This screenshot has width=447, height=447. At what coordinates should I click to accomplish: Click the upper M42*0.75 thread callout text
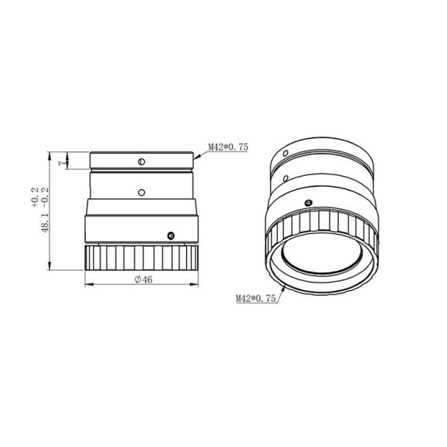[227, 146]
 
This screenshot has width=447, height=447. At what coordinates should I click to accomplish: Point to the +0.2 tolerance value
[35, 199]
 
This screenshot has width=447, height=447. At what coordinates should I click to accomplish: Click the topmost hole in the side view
[141, 161]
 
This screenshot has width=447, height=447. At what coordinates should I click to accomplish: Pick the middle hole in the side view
[141, 190]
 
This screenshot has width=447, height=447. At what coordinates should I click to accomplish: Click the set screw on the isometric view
[308, 203]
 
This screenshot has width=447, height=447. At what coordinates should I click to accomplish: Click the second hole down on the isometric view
[287, 178]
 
